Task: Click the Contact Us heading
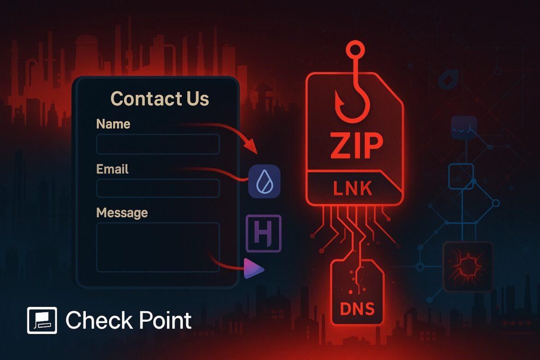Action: (160, 98)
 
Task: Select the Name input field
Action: (158, 144)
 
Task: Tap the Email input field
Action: (158, 188)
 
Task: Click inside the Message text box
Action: (158, 247)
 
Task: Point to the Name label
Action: (113, 124)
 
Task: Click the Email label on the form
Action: (112, 169)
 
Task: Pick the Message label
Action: (122, 213)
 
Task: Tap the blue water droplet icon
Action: (264, 181)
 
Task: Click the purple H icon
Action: (264, 233)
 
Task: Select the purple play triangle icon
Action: (253, 268)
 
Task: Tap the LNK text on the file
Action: (353, 189)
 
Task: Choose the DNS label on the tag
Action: (357, 309)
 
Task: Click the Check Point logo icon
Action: (42, 320)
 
